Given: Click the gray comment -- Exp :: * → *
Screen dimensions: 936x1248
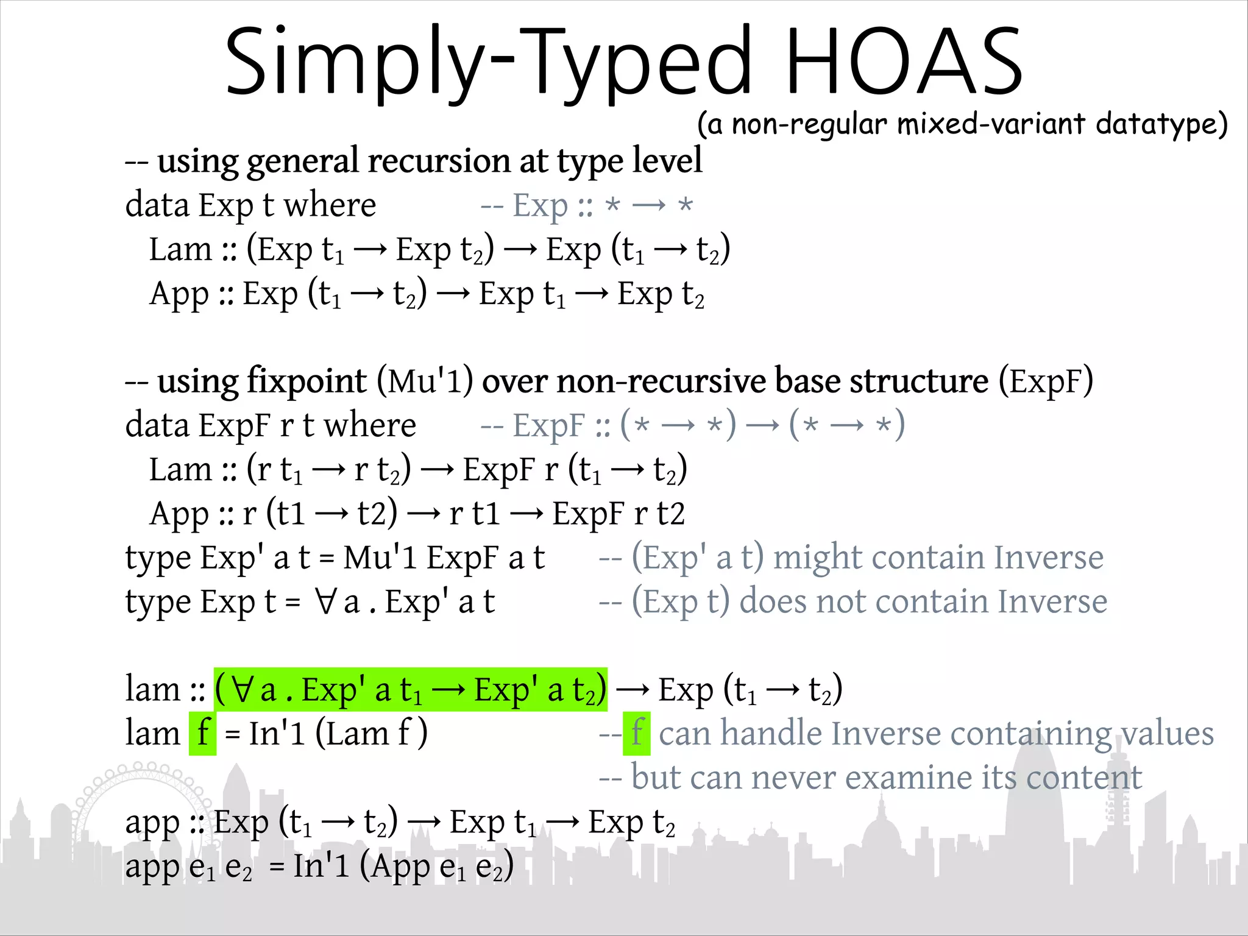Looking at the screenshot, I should pos(586,205).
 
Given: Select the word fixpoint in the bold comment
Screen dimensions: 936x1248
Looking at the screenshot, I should pos(307,381).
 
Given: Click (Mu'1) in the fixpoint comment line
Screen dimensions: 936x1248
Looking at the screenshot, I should pos(425,382).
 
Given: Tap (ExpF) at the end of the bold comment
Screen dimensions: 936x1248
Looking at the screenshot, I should pos(1046,382).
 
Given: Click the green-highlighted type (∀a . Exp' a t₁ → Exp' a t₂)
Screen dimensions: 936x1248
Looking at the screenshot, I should pos(410,690).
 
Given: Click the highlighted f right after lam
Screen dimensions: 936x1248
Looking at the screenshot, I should pos(203,733).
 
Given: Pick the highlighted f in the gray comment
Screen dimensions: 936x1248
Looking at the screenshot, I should pos(637,733).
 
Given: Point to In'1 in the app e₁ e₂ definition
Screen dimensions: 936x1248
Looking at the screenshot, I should pos(321,866).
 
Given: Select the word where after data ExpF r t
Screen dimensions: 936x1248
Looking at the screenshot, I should pos(369,425).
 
